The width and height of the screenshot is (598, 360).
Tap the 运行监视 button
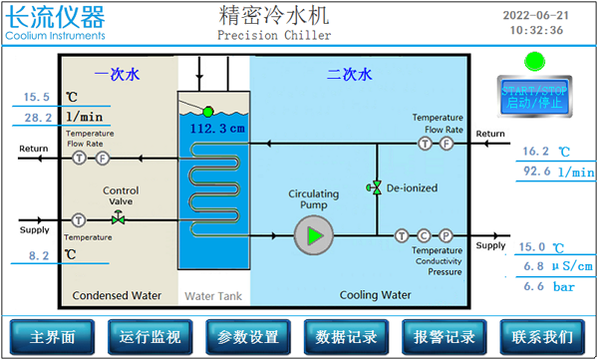tap(150, 336)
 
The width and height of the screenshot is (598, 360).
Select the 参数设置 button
tap(248, 336)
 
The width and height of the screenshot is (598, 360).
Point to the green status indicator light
tap(534, 62)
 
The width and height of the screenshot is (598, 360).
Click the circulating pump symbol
tap(313, 235)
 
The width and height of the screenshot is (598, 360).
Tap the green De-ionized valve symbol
tap(376, 187)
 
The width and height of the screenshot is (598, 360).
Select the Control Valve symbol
tap(119, 219)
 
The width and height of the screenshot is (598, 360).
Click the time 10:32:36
tap(536, 30)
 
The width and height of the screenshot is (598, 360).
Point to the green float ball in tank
tap(207, 111)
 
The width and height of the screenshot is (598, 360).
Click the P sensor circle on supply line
tap(446, 236)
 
